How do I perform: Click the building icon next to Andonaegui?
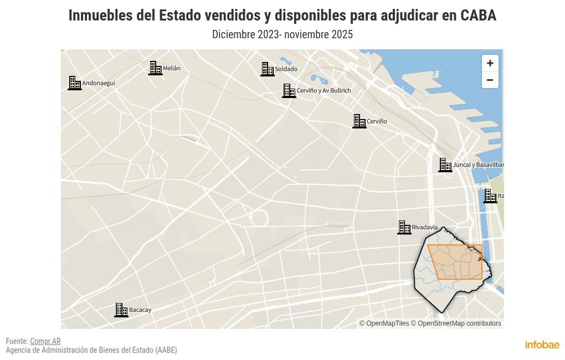(75, 83)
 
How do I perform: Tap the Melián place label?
(171, 69)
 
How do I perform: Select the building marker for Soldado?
(268, 69)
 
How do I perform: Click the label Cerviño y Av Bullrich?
(323, 90)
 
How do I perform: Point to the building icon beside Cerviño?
(359, 121)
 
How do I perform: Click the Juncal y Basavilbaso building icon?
(445, 165)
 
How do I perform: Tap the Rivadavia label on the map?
(424, 228)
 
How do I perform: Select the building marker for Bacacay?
(121, 310)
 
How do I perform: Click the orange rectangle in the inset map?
(455, 261)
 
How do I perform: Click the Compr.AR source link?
(45, 341)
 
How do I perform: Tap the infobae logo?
(542, 344)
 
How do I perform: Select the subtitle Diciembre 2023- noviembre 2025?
(282, 34)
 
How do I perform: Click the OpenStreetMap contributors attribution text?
(459, 323)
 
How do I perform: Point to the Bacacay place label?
(140, 310)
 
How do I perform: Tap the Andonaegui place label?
(99, 83)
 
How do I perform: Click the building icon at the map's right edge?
(490, 196)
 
